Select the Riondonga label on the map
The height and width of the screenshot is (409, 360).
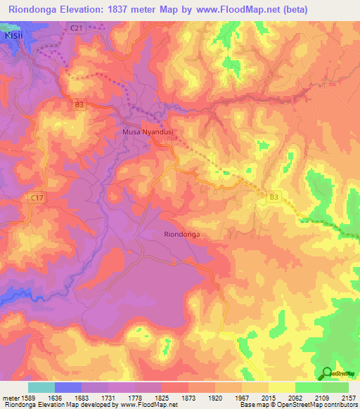[x=182, y=235]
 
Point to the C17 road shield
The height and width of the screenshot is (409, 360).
[x=37, y=199]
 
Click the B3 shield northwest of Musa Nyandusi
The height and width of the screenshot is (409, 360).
[x=79, y=105]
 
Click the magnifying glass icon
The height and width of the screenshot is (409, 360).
[x=326, y=373]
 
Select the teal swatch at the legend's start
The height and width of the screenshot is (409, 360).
[x=41, y=387]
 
